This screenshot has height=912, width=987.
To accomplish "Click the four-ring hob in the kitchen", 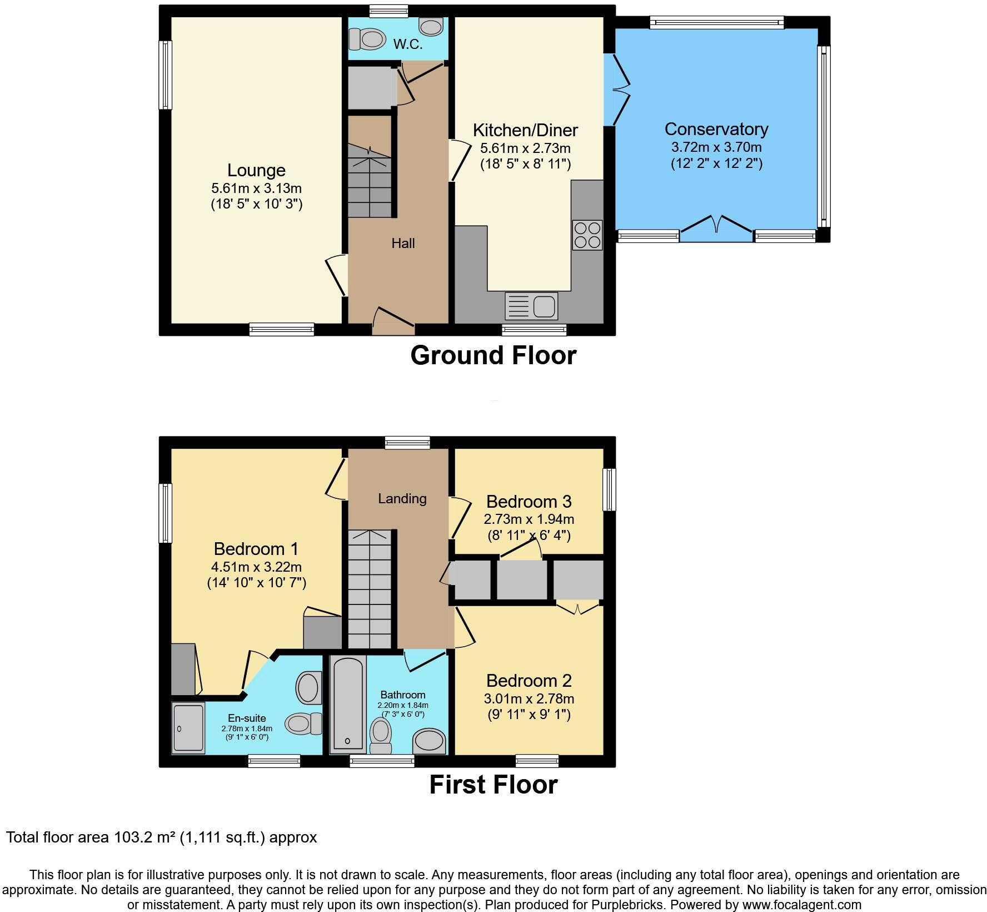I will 587,235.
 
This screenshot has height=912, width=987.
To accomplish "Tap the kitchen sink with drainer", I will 531,306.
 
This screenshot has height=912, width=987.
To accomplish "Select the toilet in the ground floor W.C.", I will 367,39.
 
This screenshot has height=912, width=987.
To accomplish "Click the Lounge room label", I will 256,170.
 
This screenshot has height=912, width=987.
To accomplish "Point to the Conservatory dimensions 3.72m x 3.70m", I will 716,147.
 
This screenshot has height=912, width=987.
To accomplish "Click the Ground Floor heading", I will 493,355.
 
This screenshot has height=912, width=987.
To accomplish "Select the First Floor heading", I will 493,785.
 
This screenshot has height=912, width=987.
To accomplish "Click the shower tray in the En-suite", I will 188,727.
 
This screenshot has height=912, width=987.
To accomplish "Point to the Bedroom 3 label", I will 529,502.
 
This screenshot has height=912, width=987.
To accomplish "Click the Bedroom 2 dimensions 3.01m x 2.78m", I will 529,698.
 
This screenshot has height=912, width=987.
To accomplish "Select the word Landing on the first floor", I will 402,498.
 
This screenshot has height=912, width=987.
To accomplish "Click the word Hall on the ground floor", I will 403,243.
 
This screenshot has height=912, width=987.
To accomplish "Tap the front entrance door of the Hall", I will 393,321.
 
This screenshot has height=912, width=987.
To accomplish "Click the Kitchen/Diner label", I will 525,130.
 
